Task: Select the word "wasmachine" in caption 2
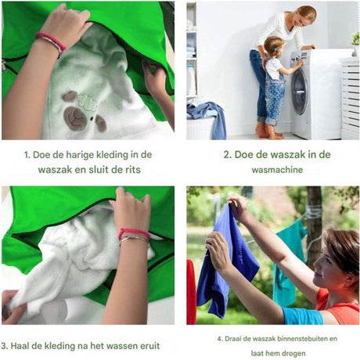(x=277, y=170)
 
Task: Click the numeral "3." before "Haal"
(x=5, y=346)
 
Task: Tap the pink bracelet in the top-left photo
(x=51, y=41)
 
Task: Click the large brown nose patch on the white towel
(x=75, y=118)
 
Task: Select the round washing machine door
(x=300, y=92)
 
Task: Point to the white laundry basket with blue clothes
(x=206, y=121)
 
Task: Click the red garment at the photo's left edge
(x=191, y=292)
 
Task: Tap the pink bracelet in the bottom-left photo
(x=134, y=233)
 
